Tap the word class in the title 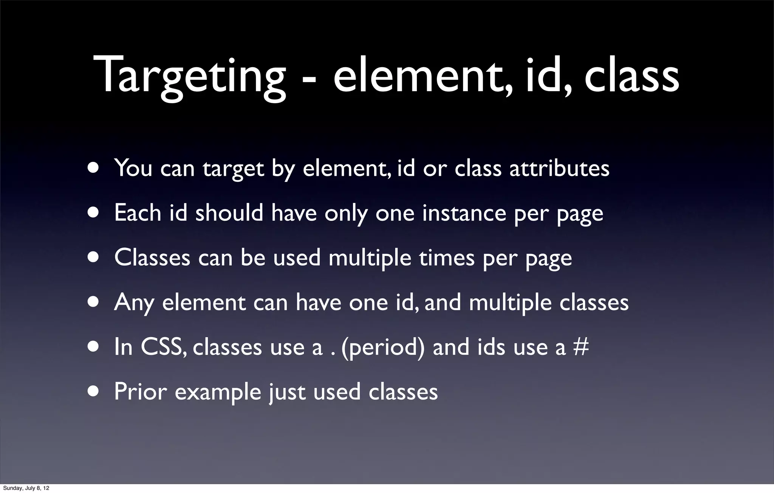point(632,76)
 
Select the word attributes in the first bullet point(559,169)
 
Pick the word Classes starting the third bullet point(152,258)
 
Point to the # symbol point(581,347)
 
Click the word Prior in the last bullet point(140,392)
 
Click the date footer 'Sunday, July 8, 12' point(26,488)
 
